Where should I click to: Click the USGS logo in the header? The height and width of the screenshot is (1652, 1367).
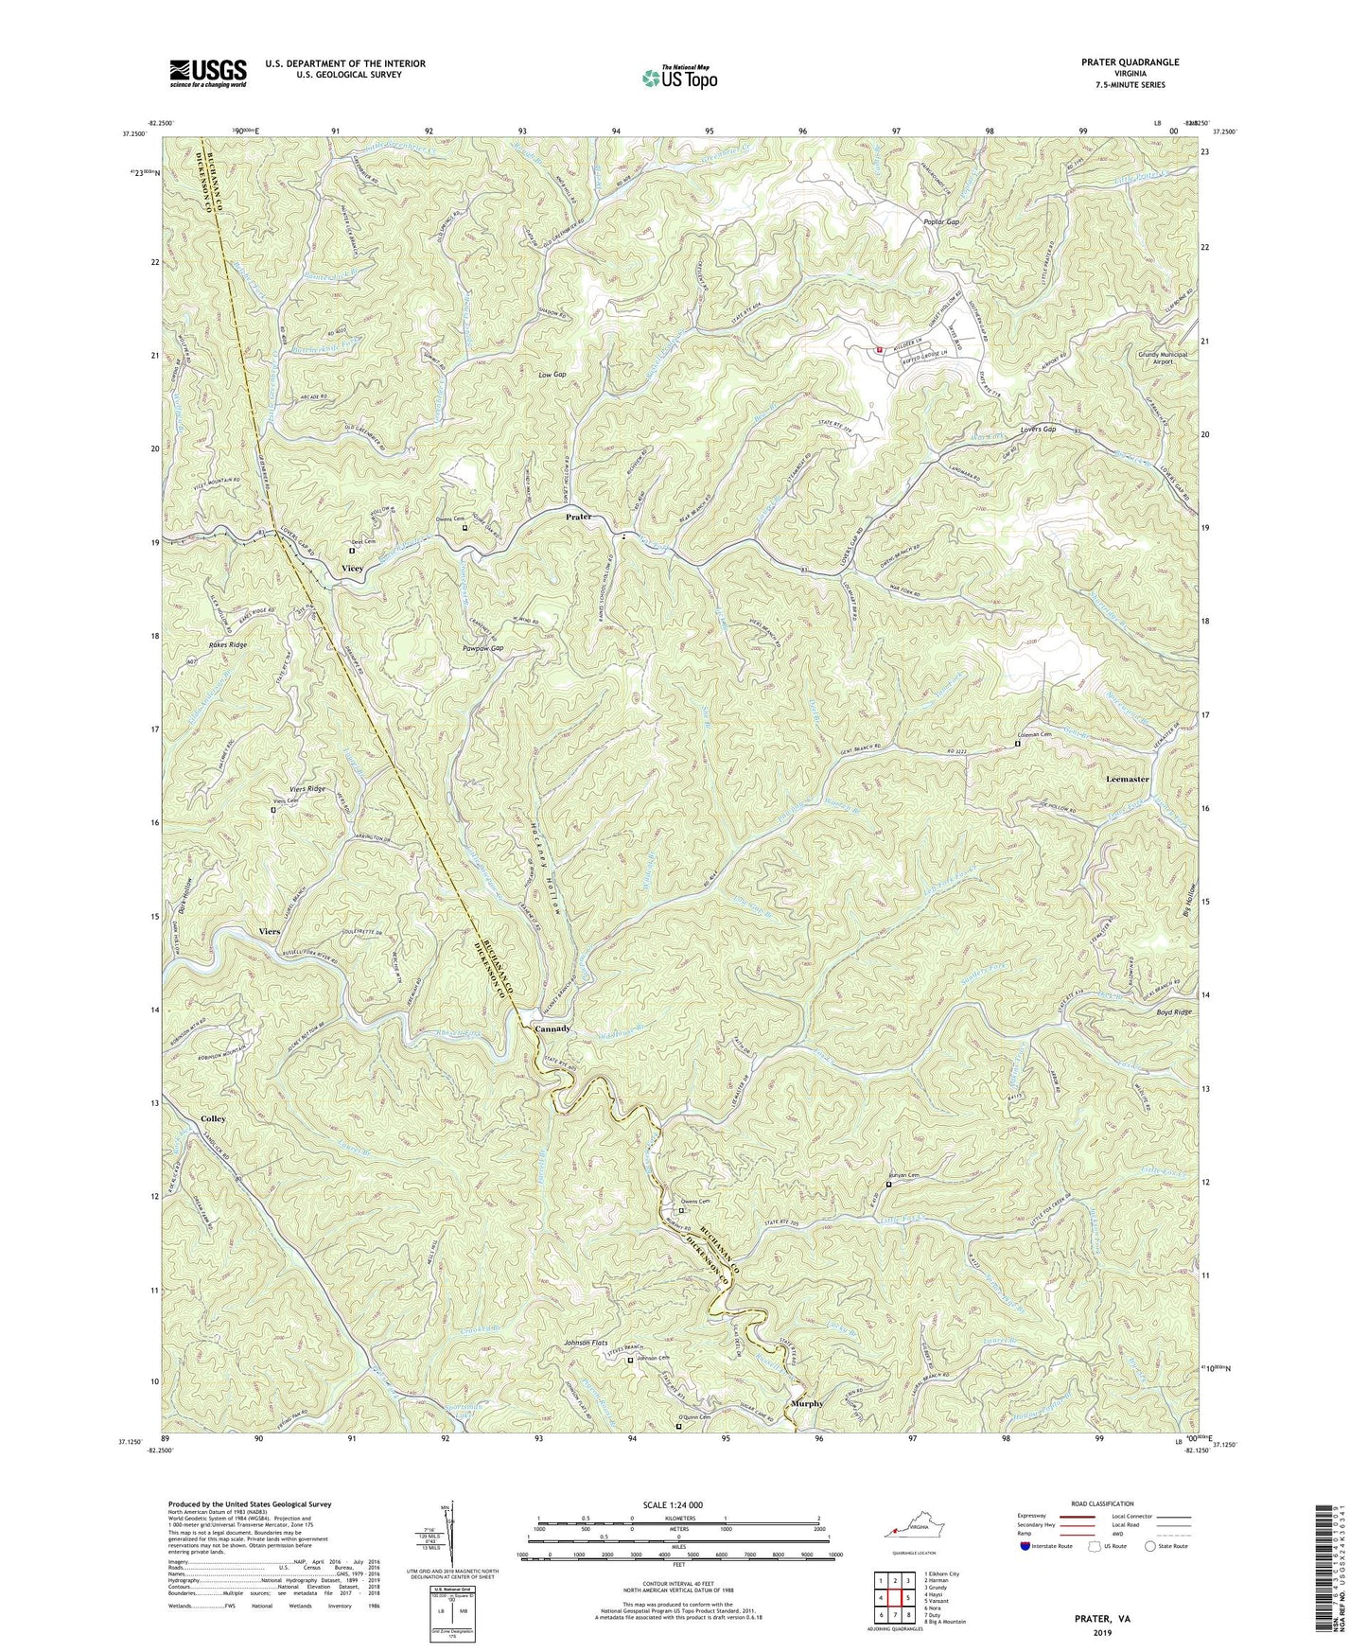(208, 72)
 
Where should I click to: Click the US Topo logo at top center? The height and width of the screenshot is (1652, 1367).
(678, 78)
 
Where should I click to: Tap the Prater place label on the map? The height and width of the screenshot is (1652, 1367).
(578, 518)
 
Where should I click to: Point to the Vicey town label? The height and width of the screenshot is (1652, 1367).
(352, 568)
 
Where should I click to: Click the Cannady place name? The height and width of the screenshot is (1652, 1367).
(552, 1028)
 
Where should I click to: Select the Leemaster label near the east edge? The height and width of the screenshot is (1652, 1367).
(1127, 779)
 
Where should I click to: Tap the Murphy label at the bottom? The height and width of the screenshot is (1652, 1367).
(808, 1403)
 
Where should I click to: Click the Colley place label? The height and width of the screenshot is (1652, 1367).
(214, 1119)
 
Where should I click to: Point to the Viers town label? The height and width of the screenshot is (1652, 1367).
(270, 931)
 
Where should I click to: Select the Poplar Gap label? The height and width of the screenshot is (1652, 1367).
(941, 222)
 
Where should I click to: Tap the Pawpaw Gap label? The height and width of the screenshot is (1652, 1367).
(482, 649)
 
